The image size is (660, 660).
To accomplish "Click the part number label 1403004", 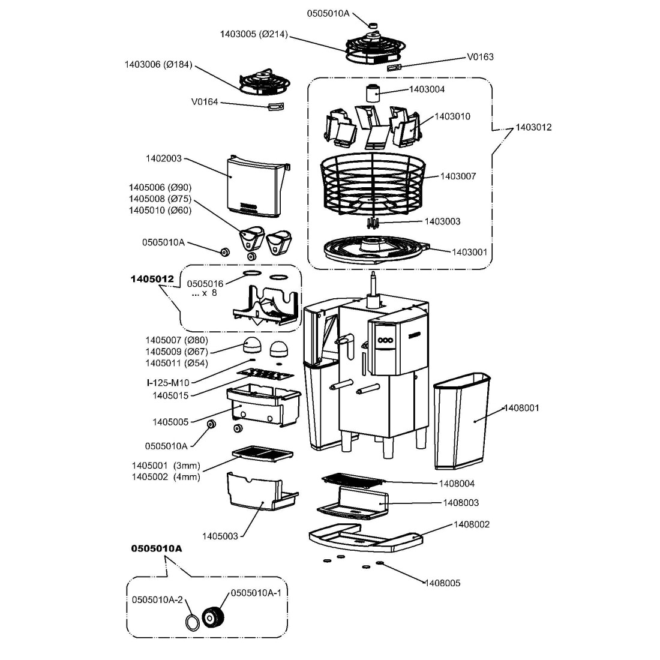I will (427, 89).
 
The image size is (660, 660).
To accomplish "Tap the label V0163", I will (480, 57).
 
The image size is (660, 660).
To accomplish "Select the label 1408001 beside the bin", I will (521, 408).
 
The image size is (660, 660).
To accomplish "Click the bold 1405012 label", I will (152, 279).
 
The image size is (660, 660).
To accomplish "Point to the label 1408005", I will (442, 583).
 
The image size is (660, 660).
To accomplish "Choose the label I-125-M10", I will (168, 383).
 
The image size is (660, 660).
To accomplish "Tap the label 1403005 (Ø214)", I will (254, 35).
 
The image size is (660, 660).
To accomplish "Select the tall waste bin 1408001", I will (462, 420).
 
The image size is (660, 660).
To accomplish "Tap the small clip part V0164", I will (275, 107).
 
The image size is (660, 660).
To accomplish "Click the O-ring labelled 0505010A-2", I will (191, 622).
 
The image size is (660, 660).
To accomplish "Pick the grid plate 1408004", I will (352, 479).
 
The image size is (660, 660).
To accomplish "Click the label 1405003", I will (221, 535).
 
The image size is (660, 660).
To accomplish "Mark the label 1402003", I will (163, 159).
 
